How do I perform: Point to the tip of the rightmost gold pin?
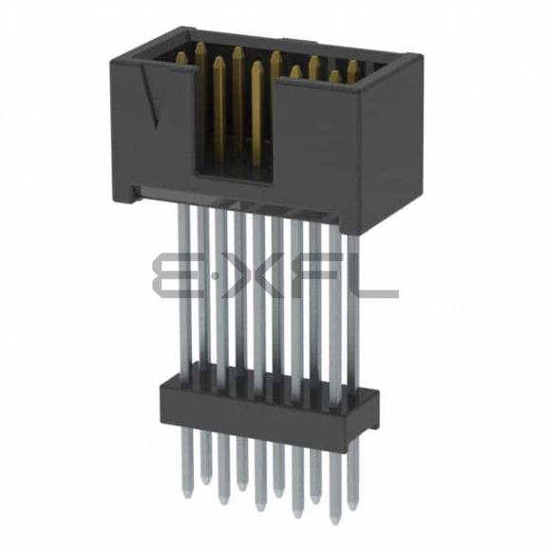(x=352, y=63)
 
